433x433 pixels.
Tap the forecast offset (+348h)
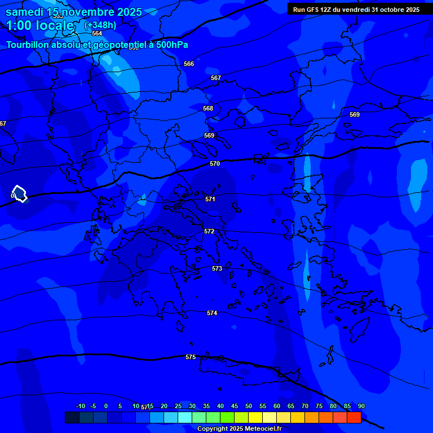coord(100,25)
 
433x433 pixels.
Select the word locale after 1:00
coord(53,25)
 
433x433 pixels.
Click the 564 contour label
coord(97,33)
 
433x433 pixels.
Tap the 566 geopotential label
coord(189,64)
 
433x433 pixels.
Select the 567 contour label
coord(216,78)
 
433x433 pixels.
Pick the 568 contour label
coord(208,108)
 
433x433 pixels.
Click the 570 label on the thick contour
coord(215,164)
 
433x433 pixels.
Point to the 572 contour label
coord(209,231)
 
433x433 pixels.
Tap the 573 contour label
coord(217,268)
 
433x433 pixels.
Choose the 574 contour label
coord(212,313)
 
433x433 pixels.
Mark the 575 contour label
coord(191,357)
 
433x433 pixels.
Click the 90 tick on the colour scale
coord(361,406)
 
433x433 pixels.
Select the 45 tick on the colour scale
coord(234,406)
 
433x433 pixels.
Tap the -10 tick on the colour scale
coord(80,406)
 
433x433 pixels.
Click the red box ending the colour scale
coord(354,417)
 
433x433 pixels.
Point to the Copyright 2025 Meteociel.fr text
coord(239,428)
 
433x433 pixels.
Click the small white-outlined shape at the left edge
coord(20,194)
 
